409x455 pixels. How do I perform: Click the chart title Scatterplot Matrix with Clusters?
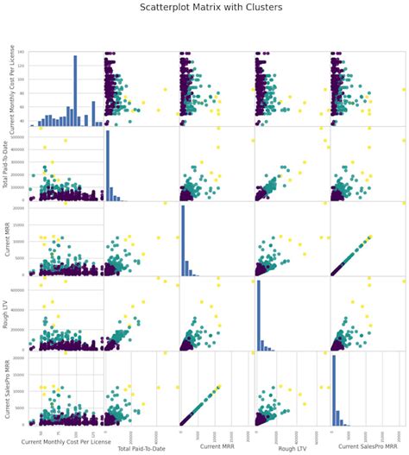pos(204,7)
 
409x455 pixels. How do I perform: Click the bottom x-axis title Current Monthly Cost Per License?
pos(66,442)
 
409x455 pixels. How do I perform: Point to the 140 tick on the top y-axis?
pos(22,54)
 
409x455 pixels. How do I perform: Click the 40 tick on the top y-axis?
pos(23,122)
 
